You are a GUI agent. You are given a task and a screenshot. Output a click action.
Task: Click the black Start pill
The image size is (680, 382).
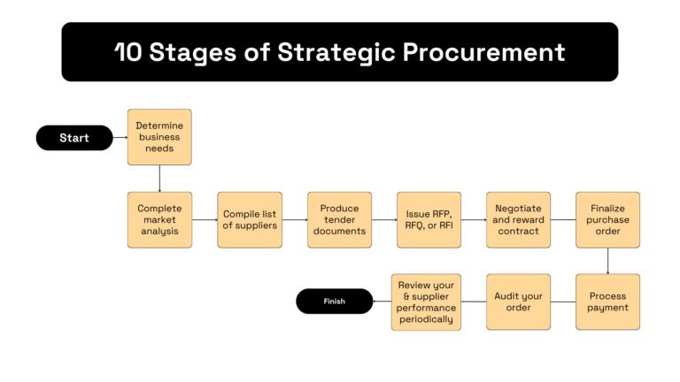tap(74, 138)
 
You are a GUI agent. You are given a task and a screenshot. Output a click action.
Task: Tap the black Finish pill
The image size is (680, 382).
tap(334, 302)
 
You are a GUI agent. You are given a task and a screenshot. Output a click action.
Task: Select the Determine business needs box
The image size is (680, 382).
tap(159, 137)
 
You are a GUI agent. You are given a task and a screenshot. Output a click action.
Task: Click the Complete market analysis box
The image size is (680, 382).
tap(159, 219)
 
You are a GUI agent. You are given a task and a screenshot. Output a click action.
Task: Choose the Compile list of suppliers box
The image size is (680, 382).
tap(249, 219)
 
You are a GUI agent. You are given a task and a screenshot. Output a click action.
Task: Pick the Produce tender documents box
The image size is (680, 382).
tap(339, 219)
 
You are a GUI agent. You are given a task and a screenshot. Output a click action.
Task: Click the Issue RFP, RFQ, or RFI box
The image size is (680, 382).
tap(429, 219)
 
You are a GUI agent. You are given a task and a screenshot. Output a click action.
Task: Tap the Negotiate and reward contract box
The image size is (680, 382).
tap(518, 219)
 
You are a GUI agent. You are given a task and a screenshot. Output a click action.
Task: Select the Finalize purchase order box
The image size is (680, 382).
tap(607, 219)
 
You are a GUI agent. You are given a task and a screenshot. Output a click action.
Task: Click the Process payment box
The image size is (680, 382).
tap(607, 302)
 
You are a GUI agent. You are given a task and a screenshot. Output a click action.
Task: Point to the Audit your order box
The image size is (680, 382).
tap(518, 302)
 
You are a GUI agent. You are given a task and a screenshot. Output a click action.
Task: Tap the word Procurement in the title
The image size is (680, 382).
tap(483, 52)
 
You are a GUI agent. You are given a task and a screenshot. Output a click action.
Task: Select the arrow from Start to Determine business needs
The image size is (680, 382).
tap(120, 138)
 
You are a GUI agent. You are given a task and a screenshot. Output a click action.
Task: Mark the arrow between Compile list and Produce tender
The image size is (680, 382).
tap(294, 219)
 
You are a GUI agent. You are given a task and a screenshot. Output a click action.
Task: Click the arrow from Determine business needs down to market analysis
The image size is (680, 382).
tap(159, 178)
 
